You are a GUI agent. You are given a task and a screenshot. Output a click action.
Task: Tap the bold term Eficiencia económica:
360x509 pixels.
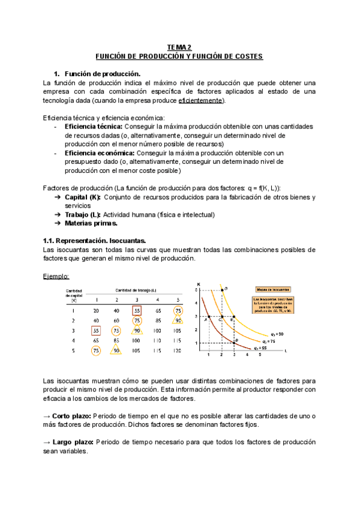pos(99,153)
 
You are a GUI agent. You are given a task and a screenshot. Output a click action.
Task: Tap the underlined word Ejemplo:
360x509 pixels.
pos(56,276)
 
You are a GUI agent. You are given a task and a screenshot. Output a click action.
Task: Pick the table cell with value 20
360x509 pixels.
pos(97,311)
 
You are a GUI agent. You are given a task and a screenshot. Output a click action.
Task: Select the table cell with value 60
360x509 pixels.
pos(117,321)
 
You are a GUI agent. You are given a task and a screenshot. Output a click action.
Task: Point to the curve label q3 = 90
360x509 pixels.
pos(278,333)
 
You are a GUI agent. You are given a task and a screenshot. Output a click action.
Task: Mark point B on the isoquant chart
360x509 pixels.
pos(236,340)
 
